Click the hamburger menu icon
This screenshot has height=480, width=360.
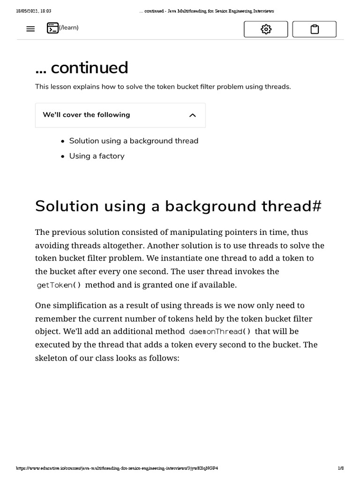(30, 29)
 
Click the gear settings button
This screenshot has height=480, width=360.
(266, 29)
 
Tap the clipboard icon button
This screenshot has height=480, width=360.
(315, 29)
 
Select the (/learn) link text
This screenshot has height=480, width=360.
(69, 28)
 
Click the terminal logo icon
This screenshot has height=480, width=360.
(52, 28)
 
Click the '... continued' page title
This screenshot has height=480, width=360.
(82, 67)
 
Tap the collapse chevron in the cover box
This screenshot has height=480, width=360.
(192, 115)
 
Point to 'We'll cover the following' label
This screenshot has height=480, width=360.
(86, 115)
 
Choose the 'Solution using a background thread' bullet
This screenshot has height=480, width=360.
(134, 141)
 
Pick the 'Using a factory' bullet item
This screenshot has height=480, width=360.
(97, 156)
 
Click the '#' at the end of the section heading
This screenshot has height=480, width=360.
(316, 206)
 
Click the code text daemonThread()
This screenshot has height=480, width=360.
(219, 332)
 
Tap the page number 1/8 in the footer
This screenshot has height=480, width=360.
(341, 468)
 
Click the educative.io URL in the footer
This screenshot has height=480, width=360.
(117, 468)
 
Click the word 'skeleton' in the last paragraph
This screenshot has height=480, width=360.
(52, 358)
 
